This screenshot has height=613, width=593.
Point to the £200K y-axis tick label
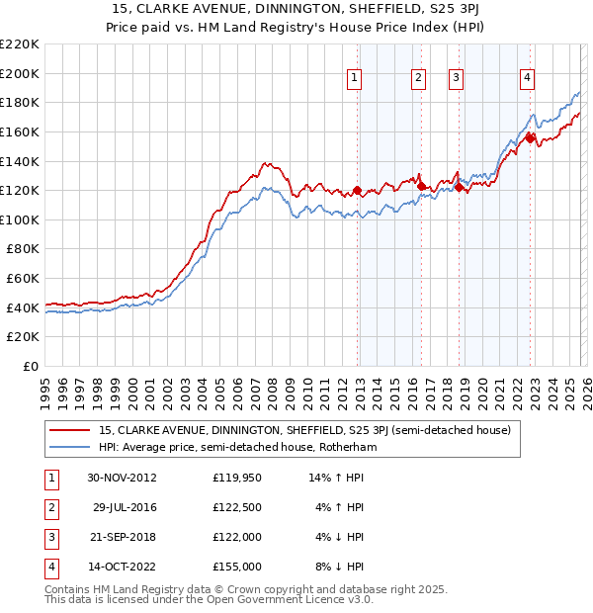[x=20, y=73]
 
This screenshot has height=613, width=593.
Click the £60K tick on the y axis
[x=23, y=279]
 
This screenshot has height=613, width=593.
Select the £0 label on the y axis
[x=30, y=367]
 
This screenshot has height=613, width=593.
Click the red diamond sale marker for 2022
[x=530, y=138]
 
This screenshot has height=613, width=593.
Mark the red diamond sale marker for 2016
[x=422, y=186]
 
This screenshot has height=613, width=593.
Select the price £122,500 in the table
[x=237, y=506]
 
